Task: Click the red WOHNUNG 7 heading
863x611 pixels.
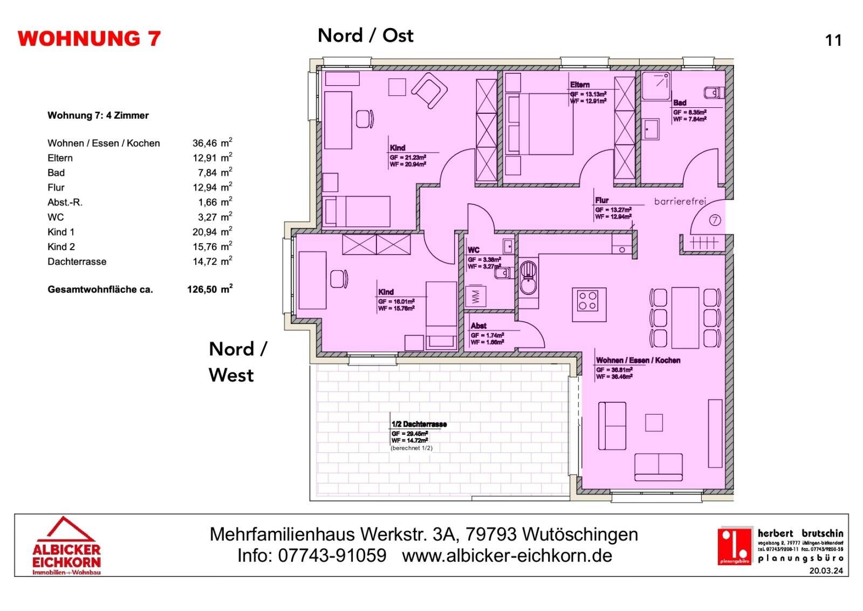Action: coord(89,39)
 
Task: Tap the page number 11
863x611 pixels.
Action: coord(833,40)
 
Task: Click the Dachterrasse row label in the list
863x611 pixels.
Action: coord(77,262)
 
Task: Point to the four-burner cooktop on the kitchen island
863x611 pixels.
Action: coord(588,301)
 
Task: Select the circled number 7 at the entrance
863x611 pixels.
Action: coord(715,221)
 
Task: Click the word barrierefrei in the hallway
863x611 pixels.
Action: coord(680,202)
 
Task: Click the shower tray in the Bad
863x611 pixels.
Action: coord(655,86)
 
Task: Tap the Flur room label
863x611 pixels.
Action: coord(601,200)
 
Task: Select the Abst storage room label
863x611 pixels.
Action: coord(478,326)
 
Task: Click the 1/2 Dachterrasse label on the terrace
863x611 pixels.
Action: coord(419,424)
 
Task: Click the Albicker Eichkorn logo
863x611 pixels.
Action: coord(66,546)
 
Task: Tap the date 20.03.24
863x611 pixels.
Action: coord(825,571)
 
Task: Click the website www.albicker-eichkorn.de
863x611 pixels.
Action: coord(507,555)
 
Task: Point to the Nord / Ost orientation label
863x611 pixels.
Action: coord(365,36)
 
